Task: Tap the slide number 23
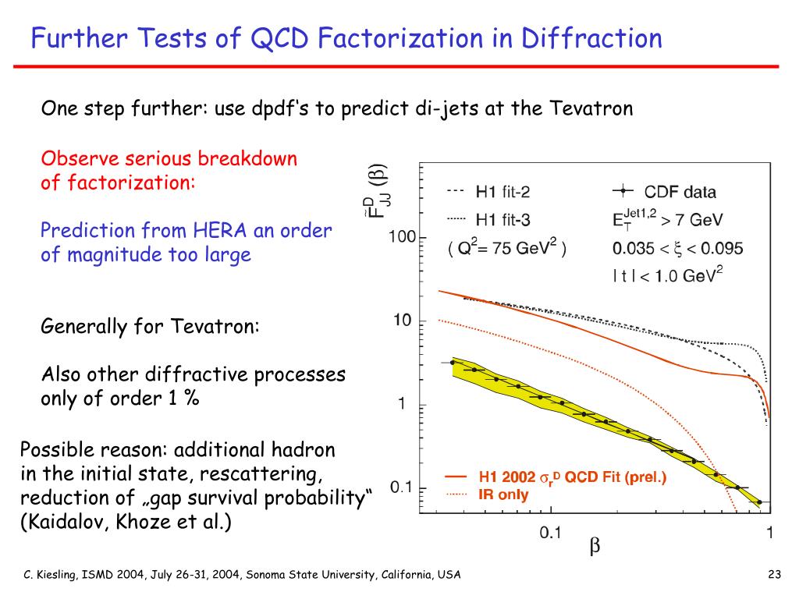click(x=774, y=575)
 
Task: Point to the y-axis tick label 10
click(x=402, y=321)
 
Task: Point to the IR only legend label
click(x=503, y=494)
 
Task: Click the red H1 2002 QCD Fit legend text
click(x=572, y=477)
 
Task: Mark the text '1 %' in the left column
click(x=183, y=398)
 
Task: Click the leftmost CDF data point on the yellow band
click(x=453, y=363)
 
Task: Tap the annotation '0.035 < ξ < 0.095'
click(x=676, y=249)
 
